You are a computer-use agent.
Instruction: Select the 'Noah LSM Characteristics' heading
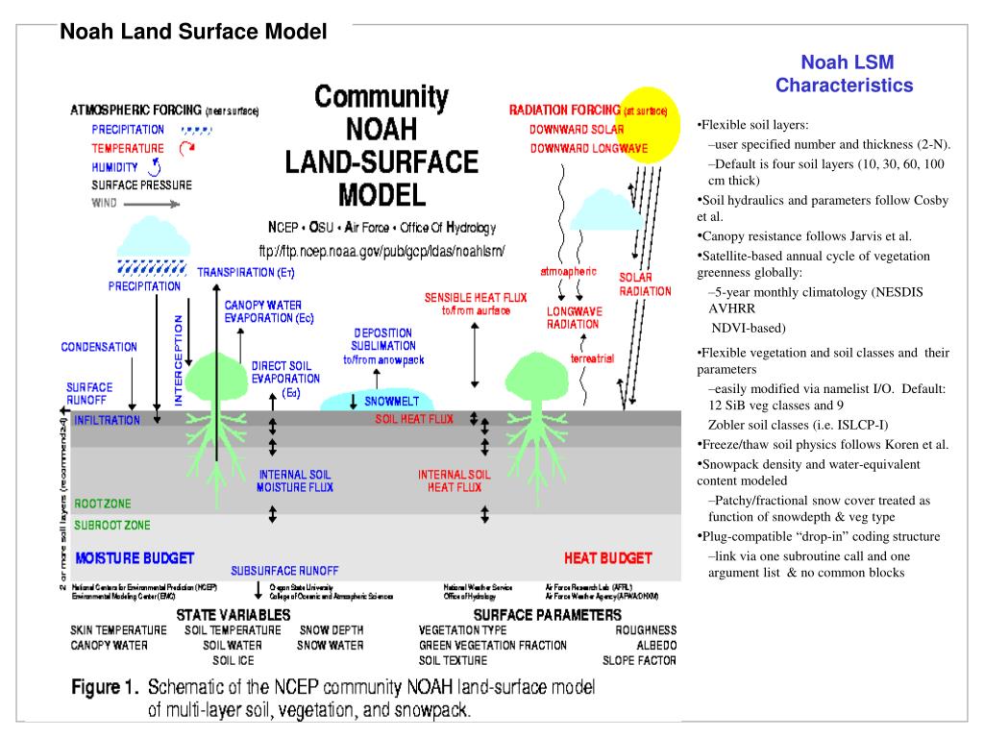846,74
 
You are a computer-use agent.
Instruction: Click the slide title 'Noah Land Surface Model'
194,33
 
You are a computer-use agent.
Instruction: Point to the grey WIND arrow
157,203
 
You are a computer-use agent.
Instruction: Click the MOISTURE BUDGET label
135,557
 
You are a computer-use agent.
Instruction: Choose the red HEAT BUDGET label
607,557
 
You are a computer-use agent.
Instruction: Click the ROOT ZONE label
103,503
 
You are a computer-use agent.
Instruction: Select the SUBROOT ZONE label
112,525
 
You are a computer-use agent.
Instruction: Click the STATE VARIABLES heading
234,613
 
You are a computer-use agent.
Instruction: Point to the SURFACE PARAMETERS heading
548,613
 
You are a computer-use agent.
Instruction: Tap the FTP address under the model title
381,251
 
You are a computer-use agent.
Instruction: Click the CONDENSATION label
99,347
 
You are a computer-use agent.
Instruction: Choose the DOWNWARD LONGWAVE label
589,148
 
